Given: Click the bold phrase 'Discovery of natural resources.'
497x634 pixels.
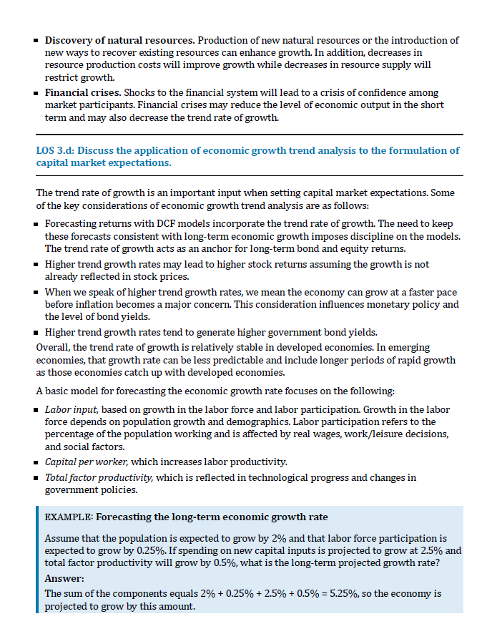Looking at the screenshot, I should [x=119, y=40].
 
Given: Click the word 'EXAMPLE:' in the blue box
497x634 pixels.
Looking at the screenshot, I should [x=69, y=517].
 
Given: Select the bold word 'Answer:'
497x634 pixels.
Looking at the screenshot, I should [x=63, y=577].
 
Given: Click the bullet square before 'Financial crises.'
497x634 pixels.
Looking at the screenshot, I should [x=37, y=94].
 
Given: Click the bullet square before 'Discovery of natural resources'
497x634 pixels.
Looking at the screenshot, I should [x=37, y=41].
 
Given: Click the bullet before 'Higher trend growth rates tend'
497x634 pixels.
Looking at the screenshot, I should [x=37, y=333].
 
